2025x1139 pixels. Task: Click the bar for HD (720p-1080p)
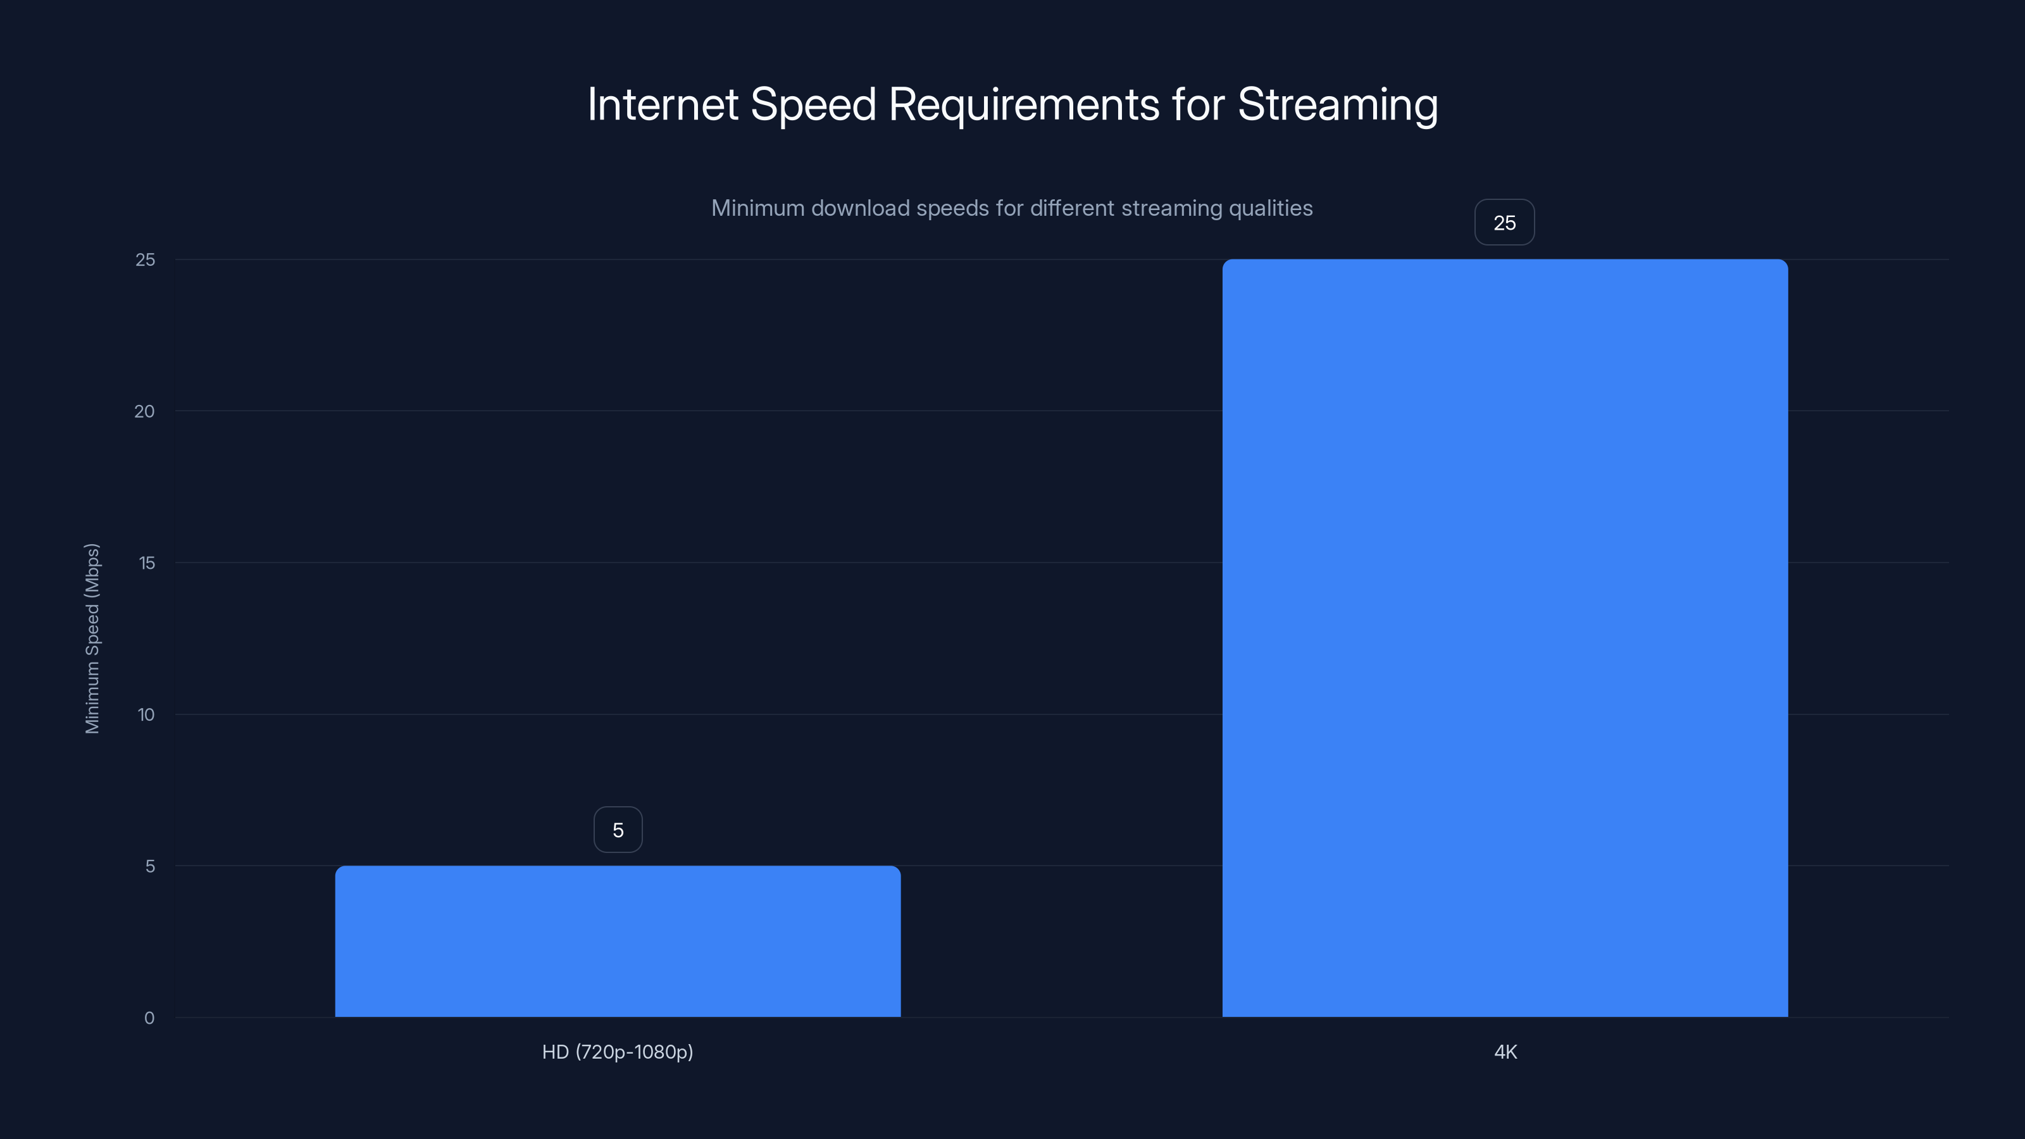coord(617,941)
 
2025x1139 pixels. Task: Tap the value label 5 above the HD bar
coord(618,830)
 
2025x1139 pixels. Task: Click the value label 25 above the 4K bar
coord(1504,223)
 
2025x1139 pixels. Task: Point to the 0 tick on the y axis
coord(149,1018)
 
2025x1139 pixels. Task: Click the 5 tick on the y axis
coord(149,866)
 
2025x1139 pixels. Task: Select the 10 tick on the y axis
coord(146,714)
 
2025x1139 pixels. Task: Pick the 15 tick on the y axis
coord(146,563)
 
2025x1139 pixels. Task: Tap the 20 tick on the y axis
coord(145,411)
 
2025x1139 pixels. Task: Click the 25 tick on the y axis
coord(146,259)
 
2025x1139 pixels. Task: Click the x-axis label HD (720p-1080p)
coord(617,1052)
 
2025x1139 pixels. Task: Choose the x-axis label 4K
coord(1505,1052)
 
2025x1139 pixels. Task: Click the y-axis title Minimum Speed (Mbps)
coord(92,638)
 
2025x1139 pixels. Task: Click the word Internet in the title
coord(662,104)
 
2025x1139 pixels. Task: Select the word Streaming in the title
coord(1337,105)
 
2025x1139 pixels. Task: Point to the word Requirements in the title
coord(1023,105)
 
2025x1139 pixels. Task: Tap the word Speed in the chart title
coord(813,105)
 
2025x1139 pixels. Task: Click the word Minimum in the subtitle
coord(757,208)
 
